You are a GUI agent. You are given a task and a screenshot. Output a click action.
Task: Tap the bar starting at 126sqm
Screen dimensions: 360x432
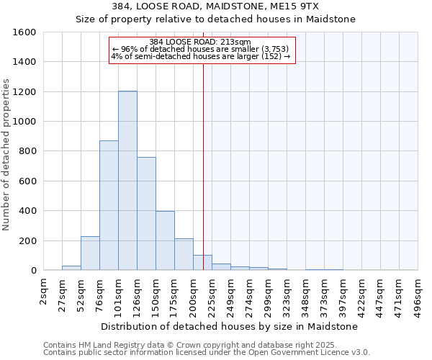pos(146,213)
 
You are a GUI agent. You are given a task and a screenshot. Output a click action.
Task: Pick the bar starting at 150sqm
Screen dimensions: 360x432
pos(165,240)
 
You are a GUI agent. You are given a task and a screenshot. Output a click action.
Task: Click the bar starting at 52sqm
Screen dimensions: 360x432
pos(90,253)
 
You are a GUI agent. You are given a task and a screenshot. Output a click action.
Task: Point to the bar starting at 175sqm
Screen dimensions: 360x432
pos(184,254)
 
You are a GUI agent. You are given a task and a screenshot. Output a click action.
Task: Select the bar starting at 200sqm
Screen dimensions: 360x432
pos(202,263)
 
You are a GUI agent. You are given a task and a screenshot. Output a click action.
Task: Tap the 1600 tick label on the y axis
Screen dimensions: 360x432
pos(24,32)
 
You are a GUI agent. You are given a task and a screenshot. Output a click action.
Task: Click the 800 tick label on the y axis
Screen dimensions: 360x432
pos(27,151)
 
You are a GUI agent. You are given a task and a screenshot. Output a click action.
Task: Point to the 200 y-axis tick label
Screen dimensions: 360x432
pos(27,240)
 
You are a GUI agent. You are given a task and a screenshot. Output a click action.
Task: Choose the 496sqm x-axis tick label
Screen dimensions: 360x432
pos(418,292)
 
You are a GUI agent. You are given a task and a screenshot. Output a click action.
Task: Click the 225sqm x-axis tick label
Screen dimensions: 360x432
pos(212,292)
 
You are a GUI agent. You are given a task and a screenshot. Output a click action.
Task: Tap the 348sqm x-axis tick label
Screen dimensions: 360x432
pos(306,292)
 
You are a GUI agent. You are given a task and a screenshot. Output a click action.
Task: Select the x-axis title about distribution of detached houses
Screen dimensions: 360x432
pos(230,326)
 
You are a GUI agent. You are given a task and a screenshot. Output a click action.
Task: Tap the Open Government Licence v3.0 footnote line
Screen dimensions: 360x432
pos(207,353)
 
